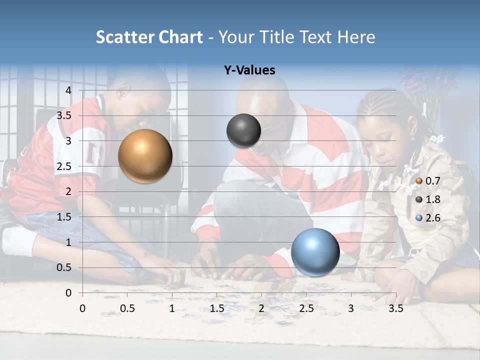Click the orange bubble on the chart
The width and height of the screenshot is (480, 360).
coord(145,156)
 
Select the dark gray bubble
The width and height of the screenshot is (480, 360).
coord(243,130)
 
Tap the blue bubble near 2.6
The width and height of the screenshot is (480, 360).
coord(315,252)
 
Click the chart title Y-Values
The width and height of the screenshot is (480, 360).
coord(249,70)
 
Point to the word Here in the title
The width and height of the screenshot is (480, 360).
coord(356,37)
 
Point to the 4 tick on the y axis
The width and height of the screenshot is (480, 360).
coord(68,90)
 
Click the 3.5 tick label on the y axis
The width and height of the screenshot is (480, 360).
coord(64,115)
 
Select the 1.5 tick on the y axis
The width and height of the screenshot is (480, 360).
coord(64,217)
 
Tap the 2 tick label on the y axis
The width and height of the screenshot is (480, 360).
coord(68,191)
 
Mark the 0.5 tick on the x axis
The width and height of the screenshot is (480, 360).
coord(127,308)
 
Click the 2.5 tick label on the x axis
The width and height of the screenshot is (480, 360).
coord(306,308)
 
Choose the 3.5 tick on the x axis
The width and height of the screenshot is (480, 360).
coord(395,308)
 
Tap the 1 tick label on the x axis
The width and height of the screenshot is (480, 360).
coord(172,308)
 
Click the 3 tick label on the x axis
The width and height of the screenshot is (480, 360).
coord(351,308)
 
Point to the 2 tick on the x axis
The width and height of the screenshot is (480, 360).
coord(261,308)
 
